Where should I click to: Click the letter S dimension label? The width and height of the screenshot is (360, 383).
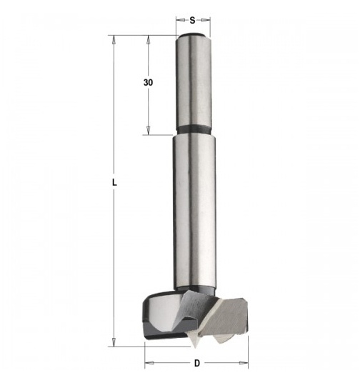coord(192,21)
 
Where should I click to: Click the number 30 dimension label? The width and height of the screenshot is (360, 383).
coord(148,83)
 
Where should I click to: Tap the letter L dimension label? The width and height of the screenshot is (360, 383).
coord(114,182)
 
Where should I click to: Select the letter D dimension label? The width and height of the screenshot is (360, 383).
coord(197,363)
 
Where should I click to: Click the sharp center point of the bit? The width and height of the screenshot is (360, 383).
coord(195,347)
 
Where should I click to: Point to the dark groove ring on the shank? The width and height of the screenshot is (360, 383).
coord(194,129)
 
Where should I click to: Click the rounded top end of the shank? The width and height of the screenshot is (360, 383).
coord(194,36)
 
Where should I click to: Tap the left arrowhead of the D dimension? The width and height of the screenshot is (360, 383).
coord(149,363)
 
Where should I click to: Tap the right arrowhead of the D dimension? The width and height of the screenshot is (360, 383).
coord(244,363)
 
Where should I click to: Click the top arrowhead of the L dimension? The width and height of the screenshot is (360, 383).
coord(114,40)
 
